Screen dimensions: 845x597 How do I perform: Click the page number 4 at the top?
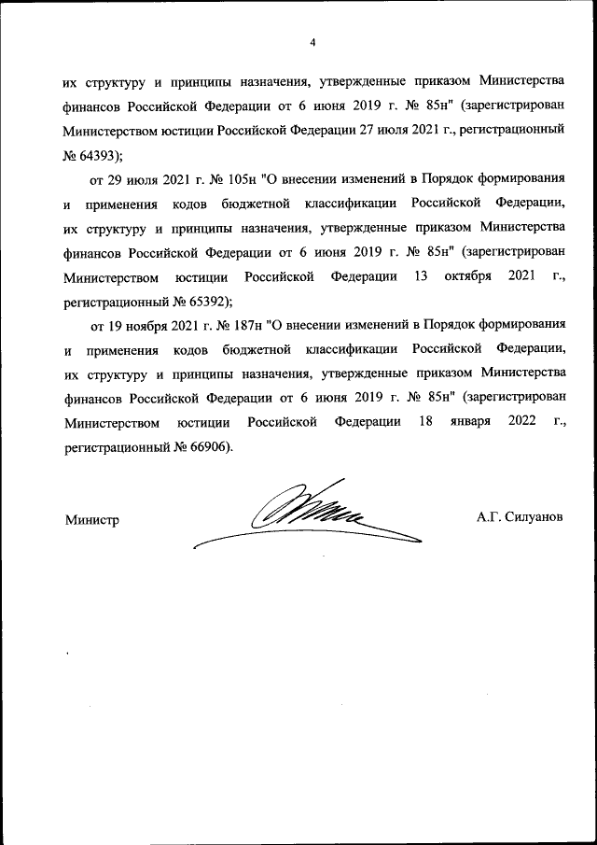click(x=313, y=42)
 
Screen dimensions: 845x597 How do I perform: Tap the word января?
click(x=464, y=422)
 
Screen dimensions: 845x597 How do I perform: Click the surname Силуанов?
click(x=535, y=516)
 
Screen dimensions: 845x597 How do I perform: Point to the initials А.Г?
click(x=488, y=516)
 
